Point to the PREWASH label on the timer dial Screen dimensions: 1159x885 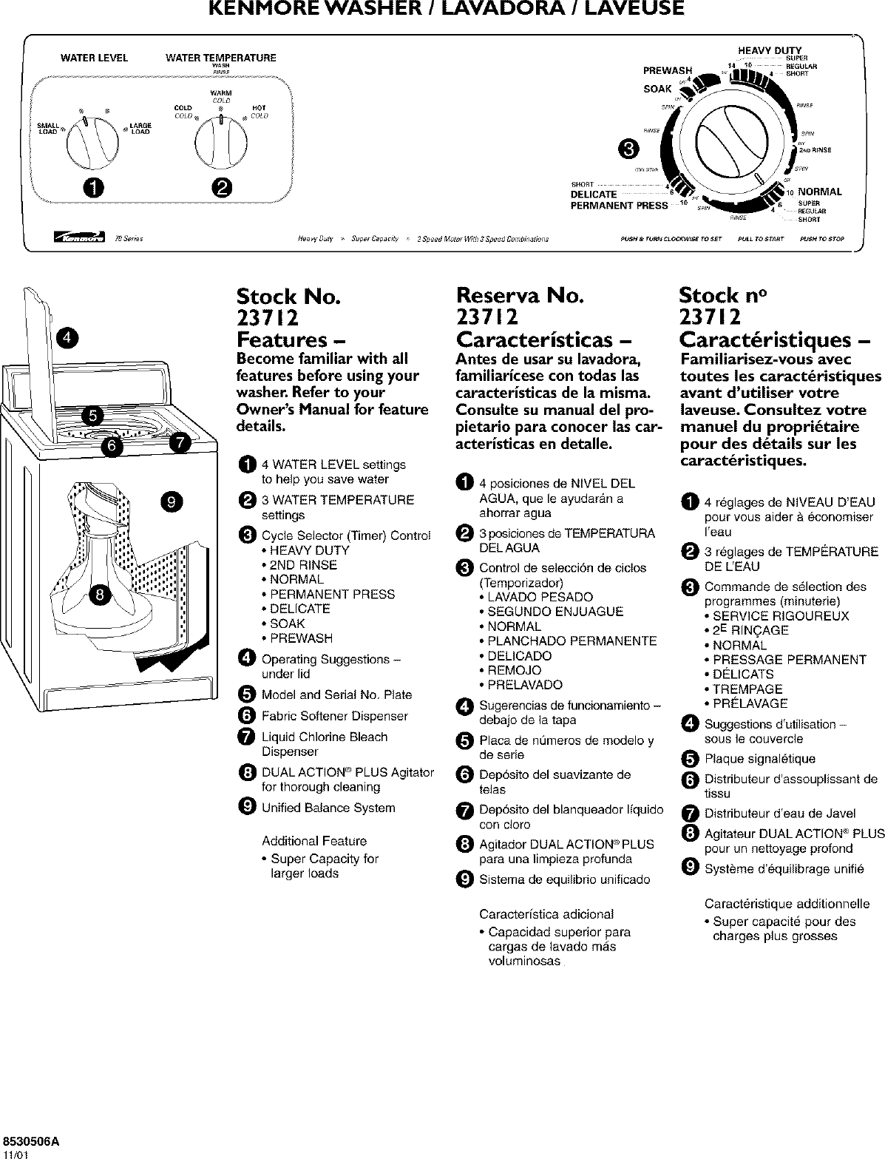668,70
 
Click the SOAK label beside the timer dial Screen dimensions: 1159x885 657,89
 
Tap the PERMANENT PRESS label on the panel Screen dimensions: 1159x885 619,205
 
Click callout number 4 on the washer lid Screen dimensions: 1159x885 67,338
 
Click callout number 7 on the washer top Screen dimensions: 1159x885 180,442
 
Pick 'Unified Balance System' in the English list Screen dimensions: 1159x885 328,808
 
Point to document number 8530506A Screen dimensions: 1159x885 31,1141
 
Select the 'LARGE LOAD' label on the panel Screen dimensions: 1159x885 140,129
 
